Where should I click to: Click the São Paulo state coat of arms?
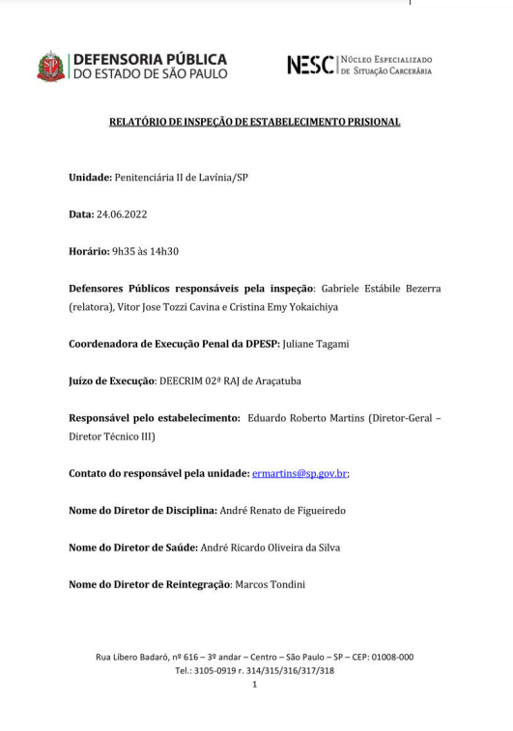click(51, 67)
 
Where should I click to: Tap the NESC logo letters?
click(311, 66)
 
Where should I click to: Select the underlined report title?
click(254, 123)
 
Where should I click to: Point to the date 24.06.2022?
click(122, 213)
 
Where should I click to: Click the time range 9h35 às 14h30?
click(146, 251)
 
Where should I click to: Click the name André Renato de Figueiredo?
click(282, 510)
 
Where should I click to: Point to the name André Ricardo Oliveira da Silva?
click(270, 548)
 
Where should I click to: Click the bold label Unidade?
click(90, 178)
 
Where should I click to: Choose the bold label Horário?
click(89, 251)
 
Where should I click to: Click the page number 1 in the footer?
click(254, 684)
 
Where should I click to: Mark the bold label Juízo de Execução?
click(112, 380)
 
